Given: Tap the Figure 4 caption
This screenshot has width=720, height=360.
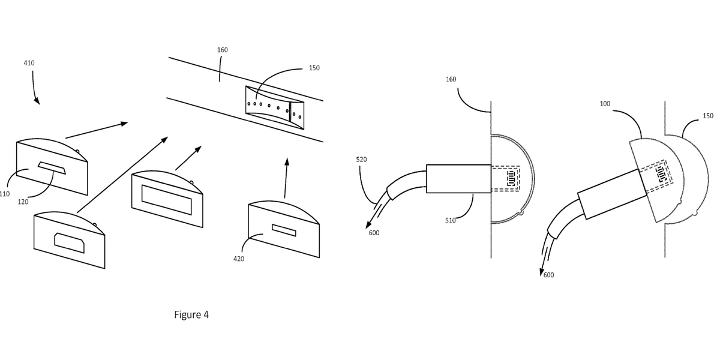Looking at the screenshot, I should [191, 314].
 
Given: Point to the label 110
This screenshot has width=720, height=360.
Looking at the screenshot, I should [5, 194].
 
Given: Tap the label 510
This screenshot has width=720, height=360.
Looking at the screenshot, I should [451, 220].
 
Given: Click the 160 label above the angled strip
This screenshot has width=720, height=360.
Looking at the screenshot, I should [222, 50].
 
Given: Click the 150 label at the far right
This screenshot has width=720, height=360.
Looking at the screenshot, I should [707, 116].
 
